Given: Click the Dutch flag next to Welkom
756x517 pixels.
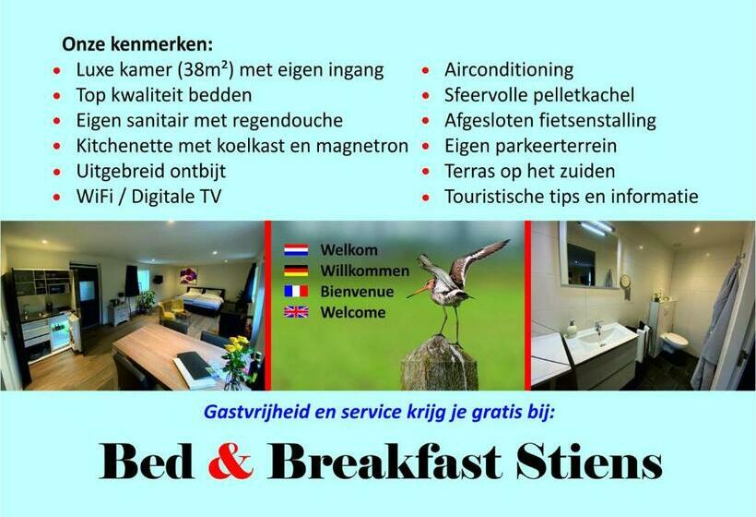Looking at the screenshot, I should coord(296,250).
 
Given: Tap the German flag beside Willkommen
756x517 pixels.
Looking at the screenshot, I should coord(296,271).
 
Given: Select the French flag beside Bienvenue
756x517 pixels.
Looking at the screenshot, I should coord(296,291).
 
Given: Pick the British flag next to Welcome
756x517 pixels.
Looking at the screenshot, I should coord(296,312).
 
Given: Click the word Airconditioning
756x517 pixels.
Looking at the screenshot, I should coord(509,70).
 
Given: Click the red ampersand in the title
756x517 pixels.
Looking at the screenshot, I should coord(230,462).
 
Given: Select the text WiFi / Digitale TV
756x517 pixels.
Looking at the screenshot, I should coord(148,196).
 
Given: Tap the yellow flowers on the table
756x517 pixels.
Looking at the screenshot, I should coord(237,347).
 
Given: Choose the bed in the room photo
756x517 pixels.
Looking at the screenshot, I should coord(203,300).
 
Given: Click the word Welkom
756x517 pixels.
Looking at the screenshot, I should coord(348,250).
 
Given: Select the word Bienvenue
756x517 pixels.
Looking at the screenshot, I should coord(357,291).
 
